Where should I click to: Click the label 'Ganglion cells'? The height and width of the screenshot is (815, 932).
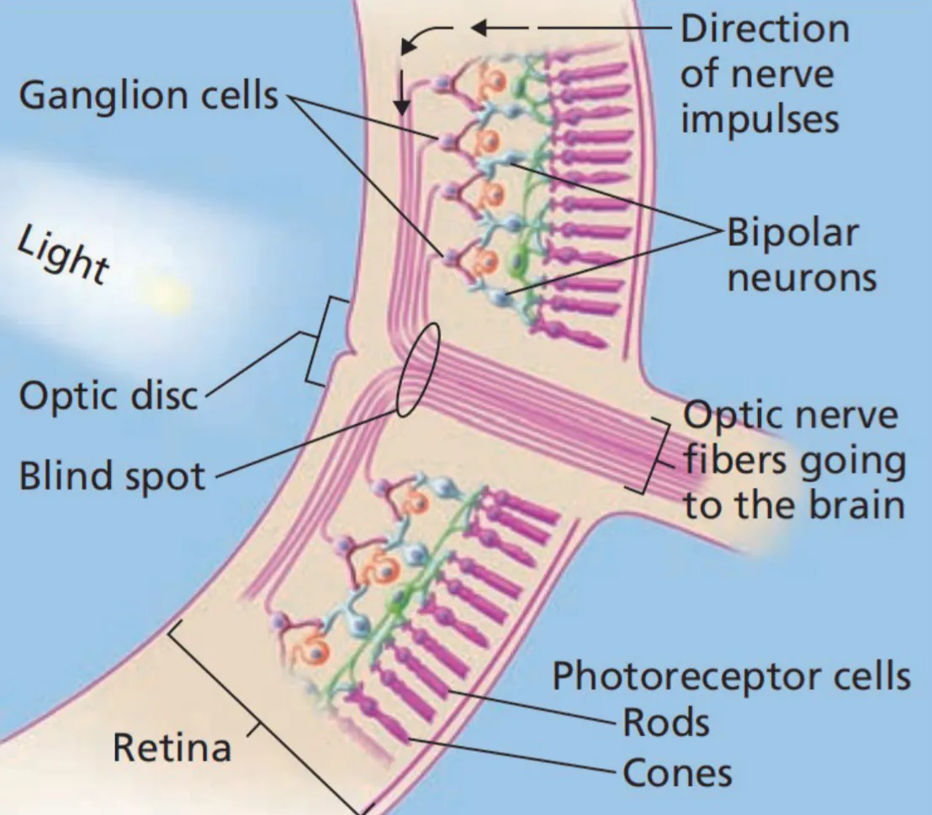click(x=147, y=96)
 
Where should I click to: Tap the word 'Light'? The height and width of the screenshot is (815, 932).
click(x=63, y=256)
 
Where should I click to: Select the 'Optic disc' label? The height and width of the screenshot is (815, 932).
click(x=108, y=394)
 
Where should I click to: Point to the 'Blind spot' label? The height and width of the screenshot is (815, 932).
click(x=112, y=477)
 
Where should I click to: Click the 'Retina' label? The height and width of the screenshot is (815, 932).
click(x=172, y=747)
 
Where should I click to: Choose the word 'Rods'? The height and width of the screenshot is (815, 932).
click(x=665, y=722)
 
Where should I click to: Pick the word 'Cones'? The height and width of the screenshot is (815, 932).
click(x=676, y=772)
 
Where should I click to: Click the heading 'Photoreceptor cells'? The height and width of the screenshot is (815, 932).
click(x=731, y=675)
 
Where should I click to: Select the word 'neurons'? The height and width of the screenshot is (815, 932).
click(x=801, y=278)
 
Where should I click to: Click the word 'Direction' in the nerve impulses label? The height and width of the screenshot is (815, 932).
click(x=764, y=30)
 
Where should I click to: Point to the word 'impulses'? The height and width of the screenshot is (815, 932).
click(x=759, y=119)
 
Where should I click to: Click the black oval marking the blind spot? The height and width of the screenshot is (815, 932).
click(x=417, y=369)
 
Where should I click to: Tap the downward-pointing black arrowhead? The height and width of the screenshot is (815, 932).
click(x=402, y=107)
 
